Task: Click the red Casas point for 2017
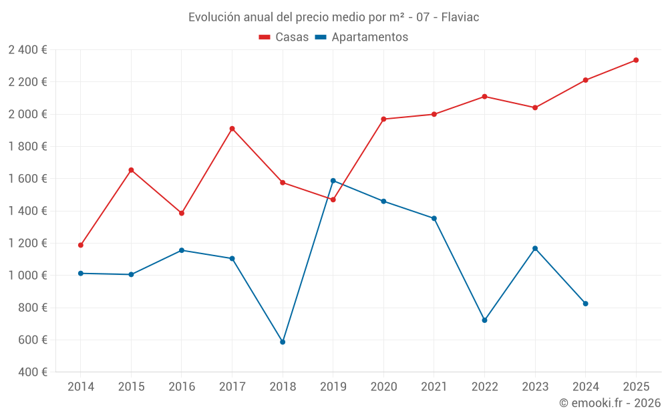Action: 232,129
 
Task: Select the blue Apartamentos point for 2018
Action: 283,342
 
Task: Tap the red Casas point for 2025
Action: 636,60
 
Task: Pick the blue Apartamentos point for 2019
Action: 333,181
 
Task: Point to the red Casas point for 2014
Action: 81,245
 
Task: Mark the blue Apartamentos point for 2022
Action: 484,320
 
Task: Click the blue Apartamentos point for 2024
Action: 585,304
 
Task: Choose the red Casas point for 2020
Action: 383,119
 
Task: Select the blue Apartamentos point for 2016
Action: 182,250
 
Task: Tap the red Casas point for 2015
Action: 131,170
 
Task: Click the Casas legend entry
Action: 284,37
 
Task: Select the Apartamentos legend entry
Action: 361,37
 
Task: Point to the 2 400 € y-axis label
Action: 28,50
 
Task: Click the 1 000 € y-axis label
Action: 28,276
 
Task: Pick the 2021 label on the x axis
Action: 434,386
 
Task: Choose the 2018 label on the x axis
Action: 283,386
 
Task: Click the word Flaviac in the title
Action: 460,17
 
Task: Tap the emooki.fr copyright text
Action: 610,403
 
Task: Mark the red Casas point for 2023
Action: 535,107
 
